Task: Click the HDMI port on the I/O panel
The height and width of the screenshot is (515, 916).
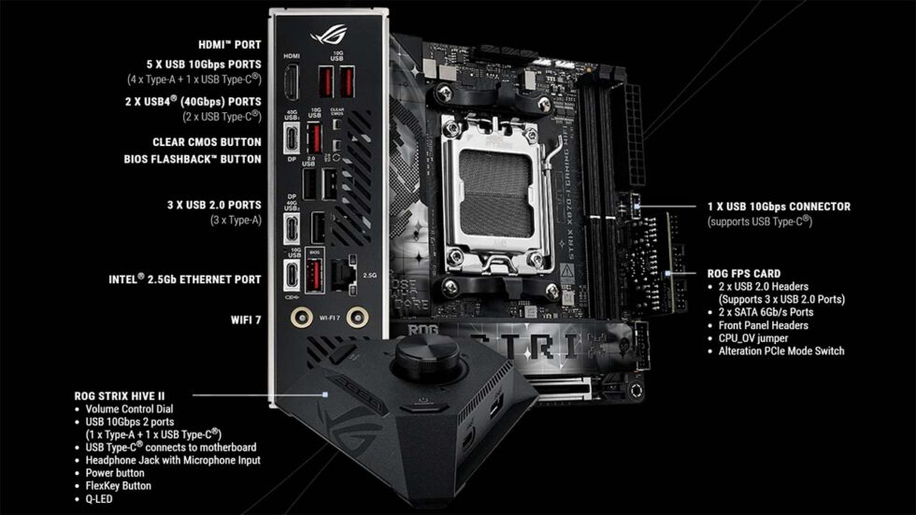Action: pyautogui.click(x=291, y=86)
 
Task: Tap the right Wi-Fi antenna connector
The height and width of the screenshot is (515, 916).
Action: pyautogui.click(x=355, y=318)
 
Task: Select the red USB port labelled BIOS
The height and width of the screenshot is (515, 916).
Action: pyautogui.click(x=316, y=276)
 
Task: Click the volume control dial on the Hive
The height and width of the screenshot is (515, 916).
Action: pyautogui.click(x=425, y=355)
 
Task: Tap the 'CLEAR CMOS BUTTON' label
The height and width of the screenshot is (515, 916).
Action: pyautogui.click(x=207, y=142)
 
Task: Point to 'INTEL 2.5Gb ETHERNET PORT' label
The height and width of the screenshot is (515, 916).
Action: pyautogui.click(x=182, y=279)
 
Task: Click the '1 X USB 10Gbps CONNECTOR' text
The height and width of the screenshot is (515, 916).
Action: pyautogui.click(x=779, y=207)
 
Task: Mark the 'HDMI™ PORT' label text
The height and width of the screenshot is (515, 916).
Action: pyautogui.click(x=230, y=44)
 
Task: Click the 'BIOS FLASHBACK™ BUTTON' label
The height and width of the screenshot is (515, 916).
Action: pyautogui.click(x=193, y=159)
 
